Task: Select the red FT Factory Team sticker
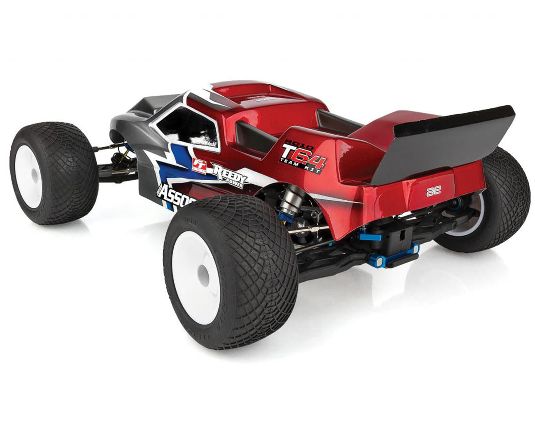(x=199, y=165)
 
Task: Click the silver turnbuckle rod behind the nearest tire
(x=308, y=230)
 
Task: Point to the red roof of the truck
(x=250, y=96)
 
